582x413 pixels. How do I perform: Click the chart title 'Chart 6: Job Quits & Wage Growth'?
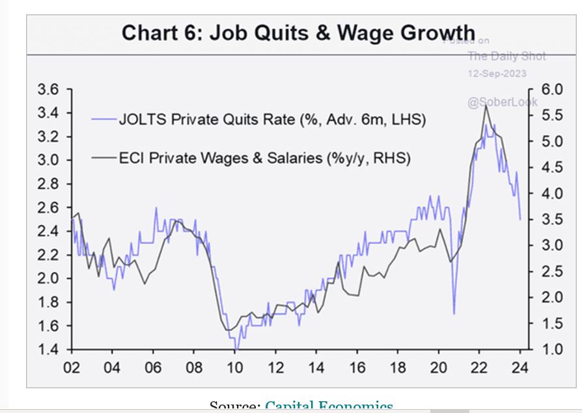point(298,33)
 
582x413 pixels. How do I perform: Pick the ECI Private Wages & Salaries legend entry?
point(264,157)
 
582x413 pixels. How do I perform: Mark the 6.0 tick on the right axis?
point(549,90)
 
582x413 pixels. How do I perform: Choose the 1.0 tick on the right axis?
point(549,350)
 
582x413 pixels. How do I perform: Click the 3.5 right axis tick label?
point(549,220)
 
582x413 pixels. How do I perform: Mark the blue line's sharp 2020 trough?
point(454,313)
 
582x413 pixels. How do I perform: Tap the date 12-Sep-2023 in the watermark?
point(497,73)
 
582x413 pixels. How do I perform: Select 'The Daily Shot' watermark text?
point(506,56)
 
